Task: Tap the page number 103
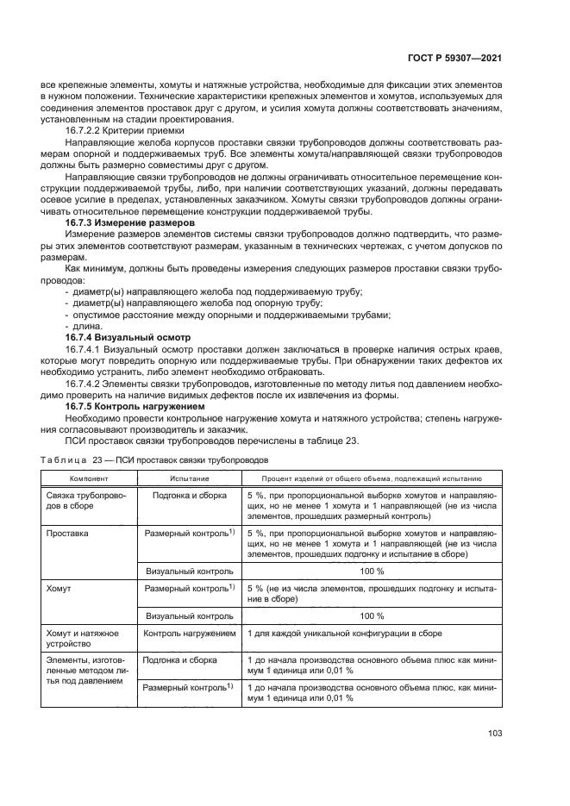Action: point(494,734)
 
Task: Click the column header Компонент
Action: point(89,477)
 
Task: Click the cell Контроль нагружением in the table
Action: point(189,634)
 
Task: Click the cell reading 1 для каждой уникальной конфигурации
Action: point(345,634)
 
